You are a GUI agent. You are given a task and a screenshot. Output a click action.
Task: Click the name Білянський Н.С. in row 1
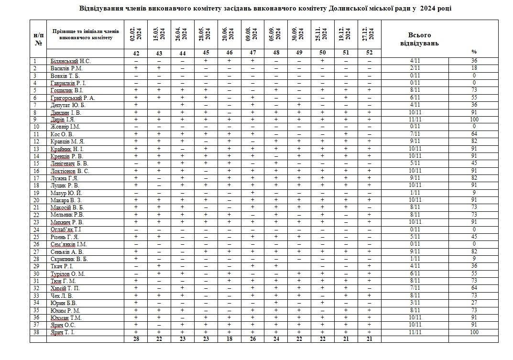pos(70,61)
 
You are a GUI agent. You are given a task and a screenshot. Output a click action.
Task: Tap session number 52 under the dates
pos(369,53)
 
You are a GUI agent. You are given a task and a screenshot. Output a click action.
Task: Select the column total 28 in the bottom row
pos(136,338)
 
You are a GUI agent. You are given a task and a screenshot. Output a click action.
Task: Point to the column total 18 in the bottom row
pos(229,338)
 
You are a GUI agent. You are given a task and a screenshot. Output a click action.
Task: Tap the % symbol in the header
pos(474,52)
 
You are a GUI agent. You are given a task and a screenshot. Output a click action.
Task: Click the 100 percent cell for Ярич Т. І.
pos(474,332)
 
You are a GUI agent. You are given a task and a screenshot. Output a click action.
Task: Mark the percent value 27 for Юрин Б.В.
pos(474,303)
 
